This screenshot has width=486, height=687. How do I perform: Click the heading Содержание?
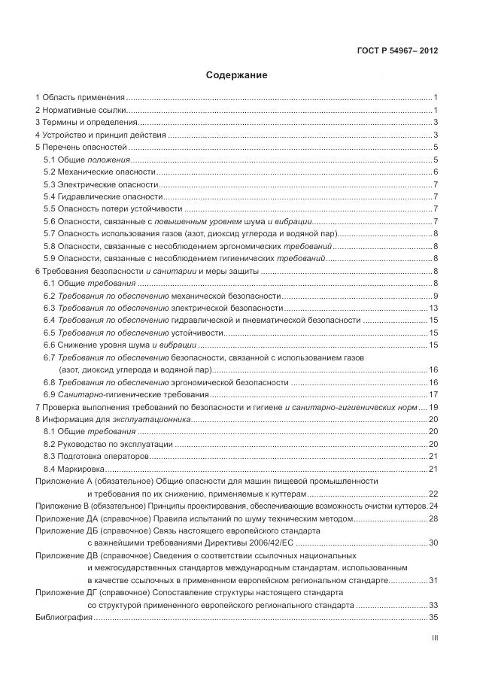pos(236,75)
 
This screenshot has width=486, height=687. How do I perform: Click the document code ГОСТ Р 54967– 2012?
pos(398,51)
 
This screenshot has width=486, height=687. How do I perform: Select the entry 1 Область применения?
pos(80,98)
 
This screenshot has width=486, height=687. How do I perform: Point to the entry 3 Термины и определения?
pos(87,123)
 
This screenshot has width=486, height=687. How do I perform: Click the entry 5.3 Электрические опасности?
pos(101,184)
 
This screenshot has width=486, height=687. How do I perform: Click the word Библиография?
pos(64,617)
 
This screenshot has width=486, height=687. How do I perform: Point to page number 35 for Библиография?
pos(433,617)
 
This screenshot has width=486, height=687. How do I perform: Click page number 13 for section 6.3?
pos(433,308)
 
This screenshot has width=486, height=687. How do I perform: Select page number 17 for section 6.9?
pos(433,394)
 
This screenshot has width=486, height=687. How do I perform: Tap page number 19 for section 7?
pos(433,407)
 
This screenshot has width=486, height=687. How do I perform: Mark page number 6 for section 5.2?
pos(436,172)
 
